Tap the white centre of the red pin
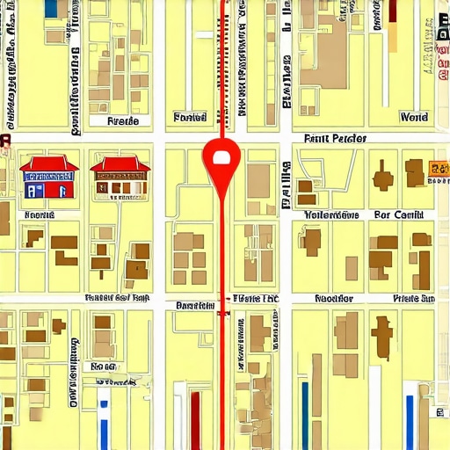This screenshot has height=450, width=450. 221,157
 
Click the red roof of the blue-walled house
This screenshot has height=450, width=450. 48,164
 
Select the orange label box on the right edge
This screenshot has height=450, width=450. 437,168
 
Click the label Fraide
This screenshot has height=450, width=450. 122,120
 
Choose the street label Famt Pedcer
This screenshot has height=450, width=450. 335,139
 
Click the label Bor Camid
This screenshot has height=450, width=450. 398,214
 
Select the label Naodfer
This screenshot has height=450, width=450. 333,299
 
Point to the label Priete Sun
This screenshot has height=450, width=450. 413,299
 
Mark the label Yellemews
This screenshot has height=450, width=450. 331,214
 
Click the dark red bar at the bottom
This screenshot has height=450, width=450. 195,418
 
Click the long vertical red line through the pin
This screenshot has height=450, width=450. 221,264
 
